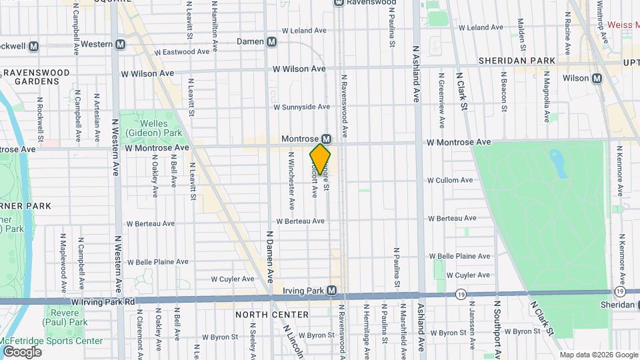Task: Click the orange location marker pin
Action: (x=321, y=159)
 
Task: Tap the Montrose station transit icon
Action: (x=327, y=138)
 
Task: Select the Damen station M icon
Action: (x=272, y=41)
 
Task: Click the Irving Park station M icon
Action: (x=340, y=291)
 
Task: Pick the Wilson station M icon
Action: (x=597, y=78)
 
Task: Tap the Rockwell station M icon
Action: (x=33, y=46)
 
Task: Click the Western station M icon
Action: (x=121, y=44)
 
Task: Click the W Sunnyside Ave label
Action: (x=302, y=107)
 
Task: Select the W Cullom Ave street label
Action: (x=450, y=180)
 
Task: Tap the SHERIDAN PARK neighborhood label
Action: (x=517, y=61)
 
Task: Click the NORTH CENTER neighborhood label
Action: (x=271, y=314)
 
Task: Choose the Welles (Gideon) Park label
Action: (x=152, y=128)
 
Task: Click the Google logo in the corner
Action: (x=21, y=351)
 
